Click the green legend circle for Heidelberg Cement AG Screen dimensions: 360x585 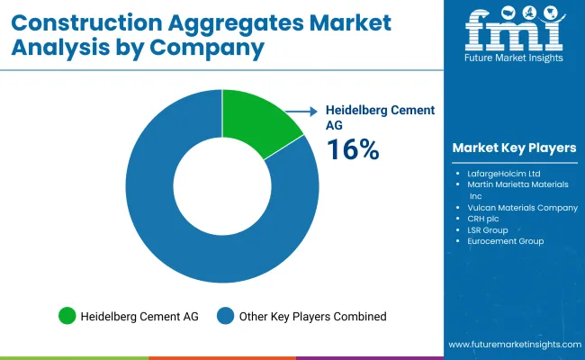pyautogui.click(x=67, y=316)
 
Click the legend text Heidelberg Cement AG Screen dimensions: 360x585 pyautogui.click(x=139, y=316)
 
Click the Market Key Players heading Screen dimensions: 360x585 pyautogui.click(x=514, y=148)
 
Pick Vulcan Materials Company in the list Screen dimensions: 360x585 pyautogui.click(x=522, y=207)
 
